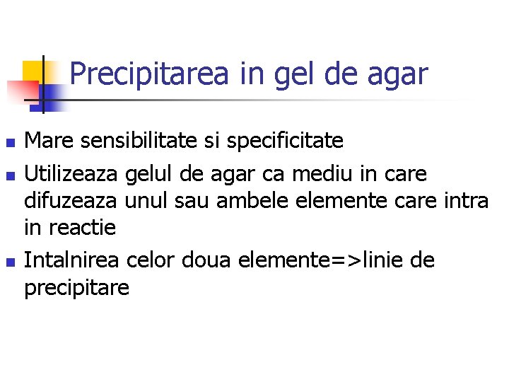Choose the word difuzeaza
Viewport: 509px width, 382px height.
pyautogui.click(x=71, y=201)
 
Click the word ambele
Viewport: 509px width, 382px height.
pyautogui.click(x=249, y=201)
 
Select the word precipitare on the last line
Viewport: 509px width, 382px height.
pyautogui.click(x=77, y=289)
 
